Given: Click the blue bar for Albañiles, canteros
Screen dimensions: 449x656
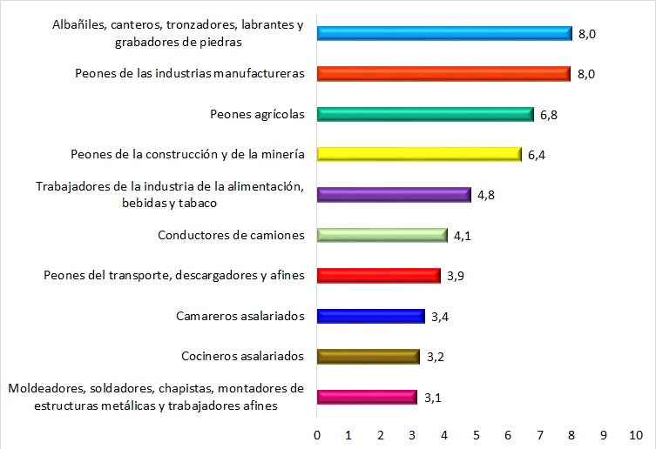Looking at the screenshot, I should (x=444, y=34).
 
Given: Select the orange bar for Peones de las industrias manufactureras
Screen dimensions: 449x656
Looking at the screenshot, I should (x=444, y=74).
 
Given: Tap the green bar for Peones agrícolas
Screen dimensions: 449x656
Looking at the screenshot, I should (x=425, y=114).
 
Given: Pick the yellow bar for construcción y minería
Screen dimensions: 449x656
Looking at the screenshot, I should (x=419, y=154).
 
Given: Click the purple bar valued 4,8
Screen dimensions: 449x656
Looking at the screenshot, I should (x=394, y=195).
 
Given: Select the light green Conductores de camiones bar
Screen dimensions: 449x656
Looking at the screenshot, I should (x=382, y=235).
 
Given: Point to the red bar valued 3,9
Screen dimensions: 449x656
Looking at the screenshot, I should (x=379, y=275).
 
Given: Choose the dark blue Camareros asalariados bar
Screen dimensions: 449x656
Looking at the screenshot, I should (x=371, y=316).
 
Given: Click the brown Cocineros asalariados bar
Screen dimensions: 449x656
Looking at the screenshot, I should (x=369, y=356).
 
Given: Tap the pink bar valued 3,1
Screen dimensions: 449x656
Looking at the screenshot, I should (x=367, y=397).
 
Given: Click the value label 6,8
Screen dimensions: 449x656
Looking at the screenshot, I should (x=549, y=115).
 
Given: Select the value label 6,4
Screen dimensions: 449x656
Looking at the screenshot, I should (x=537, y=155).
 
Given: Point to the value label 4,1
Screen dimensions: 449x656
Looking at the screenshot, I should (x=463, y=236).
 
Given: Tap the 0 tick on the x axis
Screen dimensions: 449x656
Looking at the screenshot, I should (x=317, y=432).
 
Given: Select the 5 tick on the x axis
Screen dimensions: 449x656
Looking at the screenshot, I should (x=477, y=432).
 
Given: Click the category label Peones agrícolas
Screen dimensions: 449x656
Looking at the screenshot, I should (x=257, y=114).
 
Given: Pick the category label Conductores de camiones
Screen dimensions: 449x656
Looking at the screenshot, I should (x=231, y=235).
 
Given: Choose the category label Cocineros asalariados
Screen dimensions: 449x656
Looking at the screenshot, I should (x=242, y=356).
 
